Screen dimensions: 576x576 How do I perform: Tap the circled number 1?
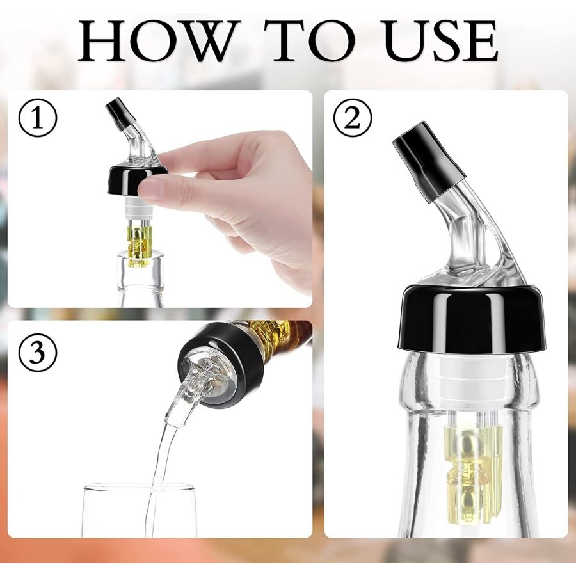click(x=38, y=118)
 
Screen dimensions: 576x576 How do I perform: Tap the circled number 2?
click(x=353, y=118)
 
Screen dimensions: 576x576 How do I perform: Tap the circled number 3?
click(x=38, y=351)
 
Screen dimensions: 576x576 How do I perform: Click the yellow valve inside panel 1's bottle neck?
click(x=139, y=245)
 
